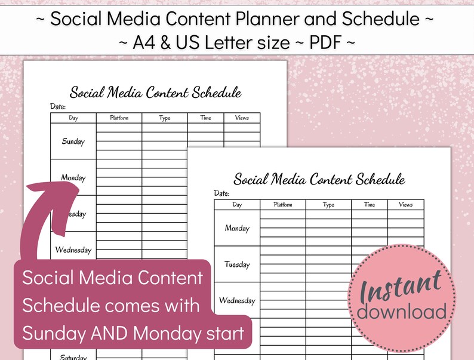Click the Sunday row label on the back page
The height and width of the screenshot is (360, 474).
(x=73, y=141)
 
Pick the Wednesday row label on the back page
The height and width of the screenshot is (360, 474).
(x=73, y=250)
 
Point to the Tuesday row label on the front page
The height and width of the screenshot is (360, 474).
(x=237, y=264)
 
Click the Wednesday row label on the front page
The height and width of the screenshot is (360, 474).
(x=237, y=300)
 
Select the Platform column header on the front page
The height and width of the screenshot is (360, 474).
(x=283, y=205)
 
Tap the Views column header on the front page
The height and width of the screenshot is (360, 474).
(x=405, y=205)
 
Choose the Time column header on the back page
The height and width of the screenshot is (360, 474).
(x=205, y=118)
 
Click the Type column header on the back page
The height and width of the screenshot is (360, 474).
(x=165, y=118)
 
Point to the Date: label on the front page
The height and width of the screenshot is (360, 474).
(x=221, y=193)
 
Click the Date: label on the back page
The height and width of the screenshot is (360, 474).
(x=58, y=106)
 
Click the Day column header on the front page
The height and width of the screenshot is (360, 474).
(x=237, y=205)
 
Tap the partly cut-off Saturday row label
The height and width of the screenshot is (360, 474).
(x=73, y=356)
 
